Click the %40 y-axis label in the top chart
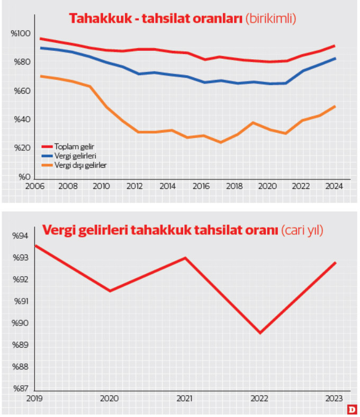21,120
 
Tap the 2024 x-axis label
334,186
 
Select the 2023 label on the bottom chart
334,398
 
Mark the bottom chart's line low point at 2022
260,333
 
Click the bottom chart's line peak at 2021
185,258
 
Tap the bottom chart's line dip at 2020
110,291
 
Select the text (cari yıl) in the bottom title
302,230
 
